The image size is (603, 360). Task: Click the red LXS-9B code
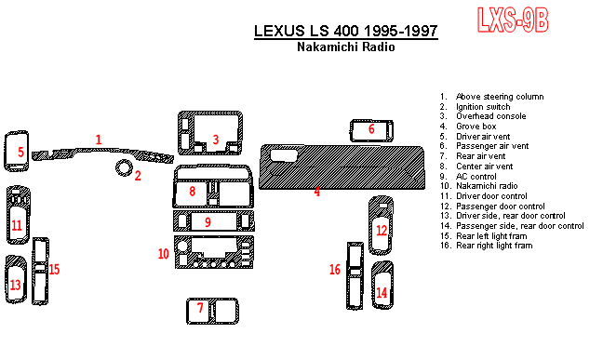513,20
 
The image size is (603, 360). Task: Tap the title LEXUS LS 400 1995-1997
346,31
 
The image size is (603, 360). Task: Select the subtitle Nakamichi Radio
346,47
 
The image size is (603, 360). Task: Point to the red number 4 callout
317,191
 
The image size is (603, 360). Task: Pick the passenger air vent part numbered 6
371,130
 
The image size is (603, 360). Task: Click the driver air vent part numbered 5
16,151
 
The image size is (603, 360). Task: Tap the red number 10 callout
164,254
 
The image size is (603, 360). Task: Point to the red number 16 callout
335,269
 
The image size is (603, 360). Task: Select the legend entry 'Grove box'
476,127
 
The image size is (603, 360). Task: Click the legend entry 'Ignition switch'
483,107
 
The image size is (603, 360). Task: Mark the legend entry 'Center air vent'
485,167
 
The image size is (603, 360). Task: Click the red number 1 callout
99,140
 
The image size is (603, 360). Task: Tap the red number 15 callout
54,269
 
